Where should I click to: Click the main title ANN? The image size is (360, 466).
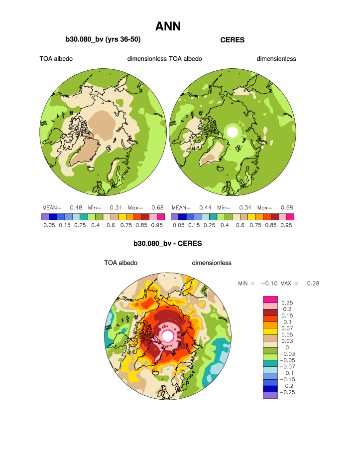click(168, 26)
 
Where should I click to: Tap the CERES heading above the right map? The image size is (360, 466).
click(232, 40)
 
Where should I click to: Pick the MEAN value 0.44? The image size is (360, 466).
click(205, 207)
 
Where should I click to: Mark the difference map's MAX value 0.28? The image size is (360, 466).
click(312, 283)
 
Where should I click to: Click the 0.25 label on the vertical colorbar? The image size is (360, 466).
click(287, 302)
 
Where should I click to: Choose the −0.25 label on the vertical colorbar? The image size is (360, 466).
click(289, 393)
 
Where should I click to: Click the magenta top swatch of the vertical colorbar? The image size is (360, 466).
click(269, 299)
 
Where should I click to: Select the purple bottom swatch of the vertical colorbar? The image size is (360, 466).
click(269, 395)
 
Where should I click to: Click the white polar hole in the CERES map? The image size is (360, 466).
click(232, 132)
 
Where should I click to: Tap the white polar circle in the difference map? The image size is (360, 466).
click(168, 336)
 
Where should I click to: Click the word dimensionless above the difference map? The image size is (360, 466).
click(212, 263)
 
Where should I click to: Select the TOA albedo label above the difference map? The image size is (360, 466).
click(120, 263)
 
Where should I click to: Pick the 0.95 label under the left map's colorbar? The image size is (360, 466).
click(159, 225)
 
